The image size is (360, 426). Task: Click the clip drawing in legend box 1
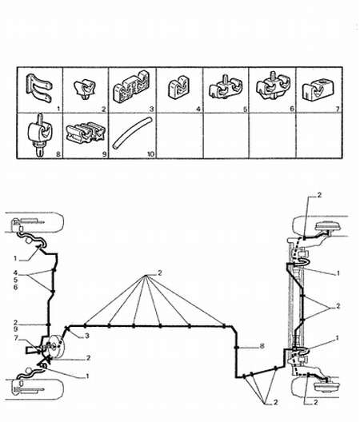(x=38, y=88)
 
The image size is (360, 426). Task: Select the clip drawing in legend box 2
(x=85, y=89)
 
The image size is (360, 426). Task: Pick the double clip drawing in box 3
(x=131, y=87)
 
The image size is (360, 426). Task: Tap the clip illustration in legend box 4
(x=178, y=87)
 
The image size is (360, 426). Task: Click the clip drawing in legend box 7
(x=318, y=89)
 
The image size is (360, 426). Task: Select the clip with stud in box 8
(x=40, y=134)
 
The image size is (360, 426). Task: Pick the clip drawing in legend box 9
(x=86, y=133)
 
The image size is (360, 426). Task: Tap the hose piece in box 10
(x=133, y=133)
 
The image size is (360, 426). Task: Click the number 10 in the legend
(x=150, y=154)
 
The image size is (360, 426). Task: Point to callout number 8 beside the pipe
(x=262, y=346)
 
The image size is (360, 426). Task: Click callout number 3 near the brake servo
(x=87, y=336)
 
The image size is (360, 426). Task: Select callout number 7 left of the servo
(x=16, y=338)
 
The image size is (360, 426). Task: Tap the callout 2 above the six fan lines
(x=160, y=273)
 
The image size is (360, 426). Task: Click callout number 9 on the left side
(x=15, y=329)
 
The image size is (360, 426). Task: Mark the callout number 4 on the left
(x=15, y=273)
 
